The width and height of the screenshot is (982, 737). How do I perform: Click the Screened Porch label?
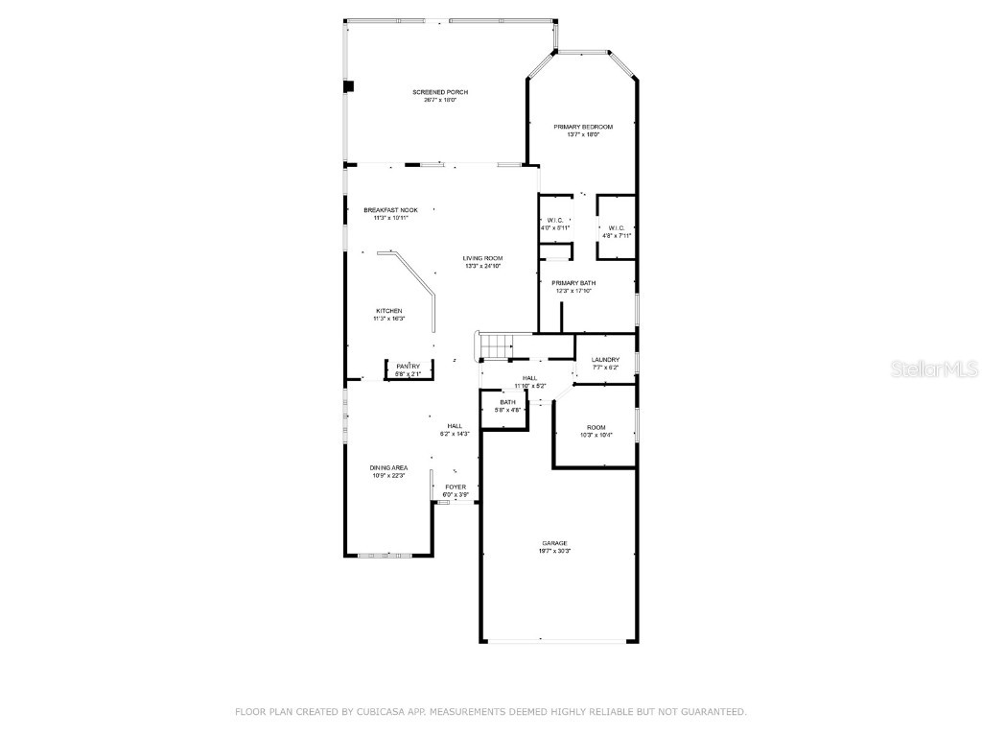pyautogui.click(x=440, y=92)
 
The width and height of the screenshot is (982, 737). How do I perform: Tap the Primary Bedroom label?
pyautogui.click(x=583, y=127)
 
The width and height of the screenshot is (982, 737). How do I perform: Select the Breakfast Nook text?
pyautogui.click(x=390, y=210)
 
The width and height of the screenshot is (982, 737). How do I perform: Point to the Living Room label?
pyautogui.click(x=483, y=258)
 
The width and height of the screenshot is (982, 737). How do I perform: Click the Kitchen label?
pyautogui.click(x=388, y=311)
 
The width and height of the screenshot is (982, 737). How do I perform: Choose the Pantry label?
pyautogui.click(x=409, y=366)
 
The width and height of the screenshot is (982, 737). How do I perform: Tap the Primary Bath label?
pyautogui.click(x=573, y=283)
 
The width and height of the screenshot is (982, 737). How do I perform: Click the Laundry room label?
pyautogui.click(x=605, y=360)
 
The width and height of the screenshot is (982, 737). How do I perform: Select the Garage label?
pyautogui.click(x=554, y=543)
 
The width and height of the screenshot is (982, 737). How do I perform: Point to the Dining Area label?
pyautogui.click(x=389, y=467)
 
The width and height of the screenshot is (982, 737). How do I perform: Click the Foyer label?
pyautogui.click(x=456, y=487)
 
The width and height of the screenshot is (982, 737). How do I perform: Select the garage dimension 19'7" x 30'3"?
pyautogui.click(x=554, y=551)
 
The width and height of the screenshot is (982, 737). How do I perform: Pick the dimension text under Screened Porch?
pyautogui.click(x=440, y=100)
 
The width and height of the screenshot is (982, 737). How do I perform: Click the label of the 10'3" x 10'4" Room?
pyautogui.click(x=596, y=427)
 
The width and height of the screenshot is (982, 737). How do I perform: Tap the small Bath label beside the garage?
pyautogui.click(x=507, y=402)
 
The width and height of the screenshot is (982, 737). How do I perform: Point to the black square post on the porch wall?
pyautogui.click(x=349, y=86)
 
